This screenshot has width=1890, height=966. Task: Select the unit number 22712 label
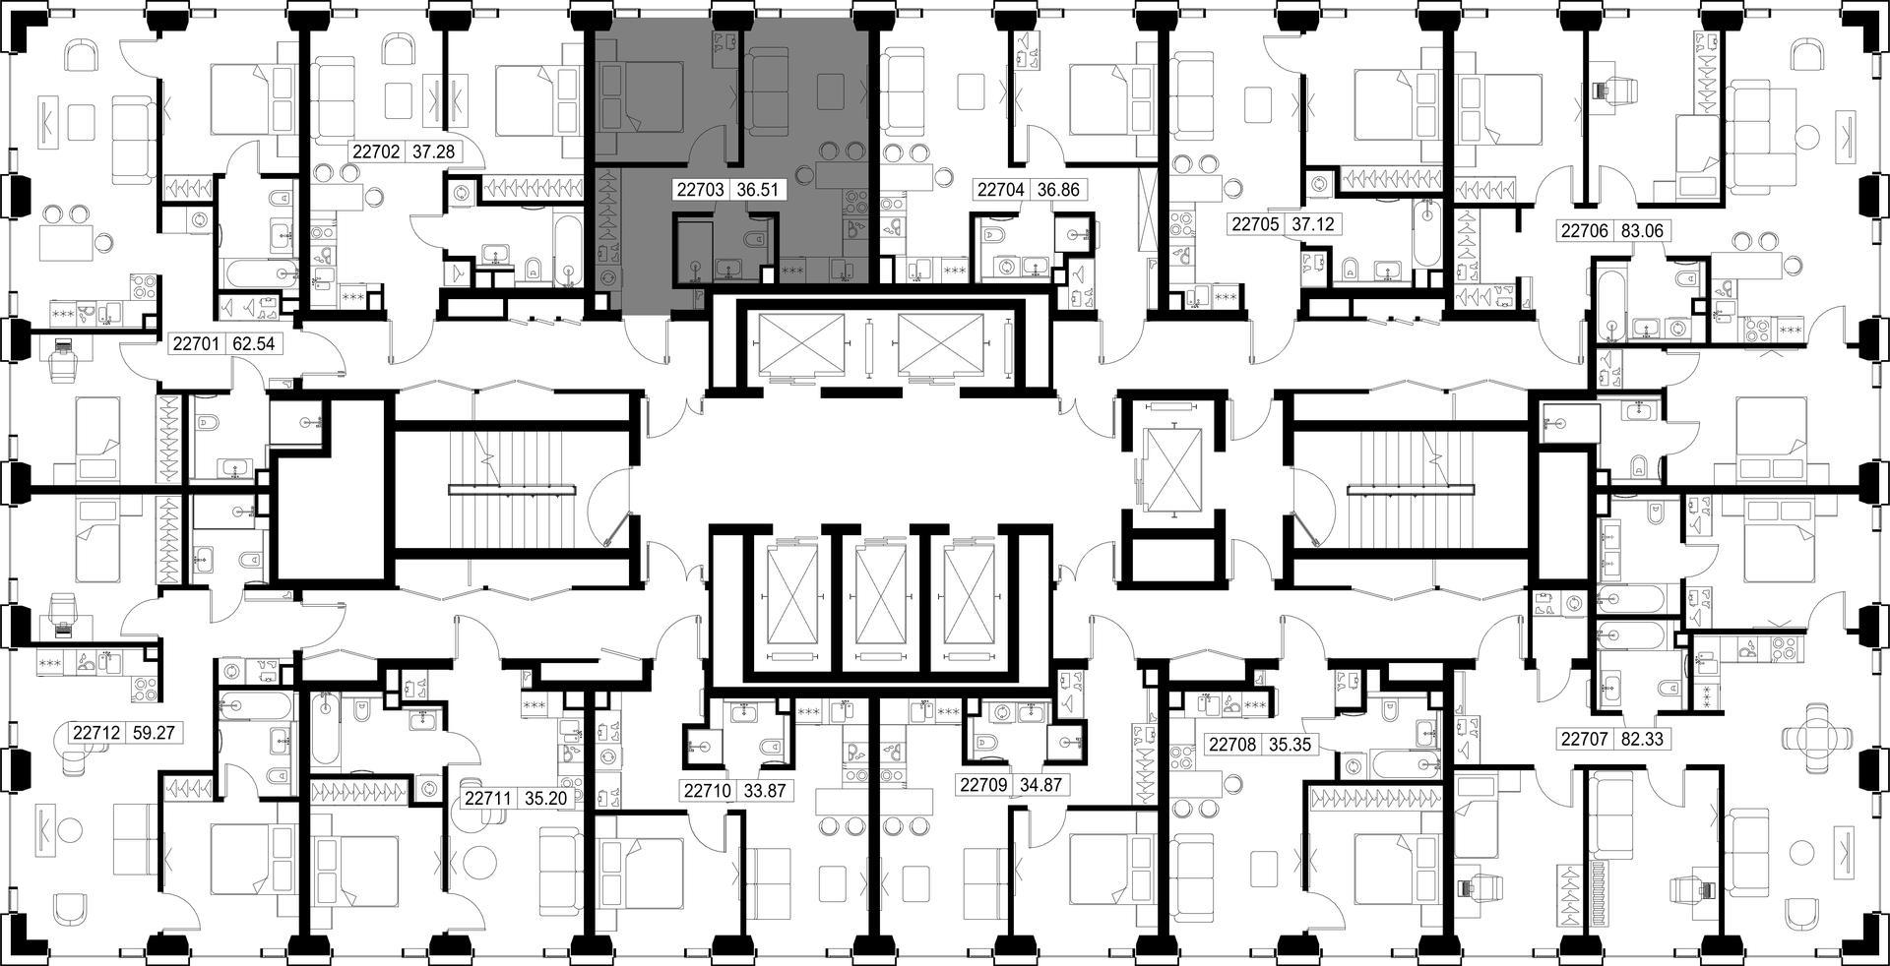tap(96, 733)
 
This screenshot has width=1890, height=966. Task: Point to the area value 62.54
tap(252, 344)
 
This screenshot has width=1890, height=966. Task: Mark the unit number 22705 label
tap(1256, 224)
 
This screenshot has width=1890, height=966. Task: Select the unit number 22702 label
tap(376, 151)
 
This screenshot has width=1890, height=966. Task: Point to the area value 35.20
tap(546, 799)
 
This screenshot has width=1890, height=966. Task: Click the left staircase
tap(513, 489)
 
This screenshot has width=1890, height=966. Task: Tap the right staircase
tap(1410, 489)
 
